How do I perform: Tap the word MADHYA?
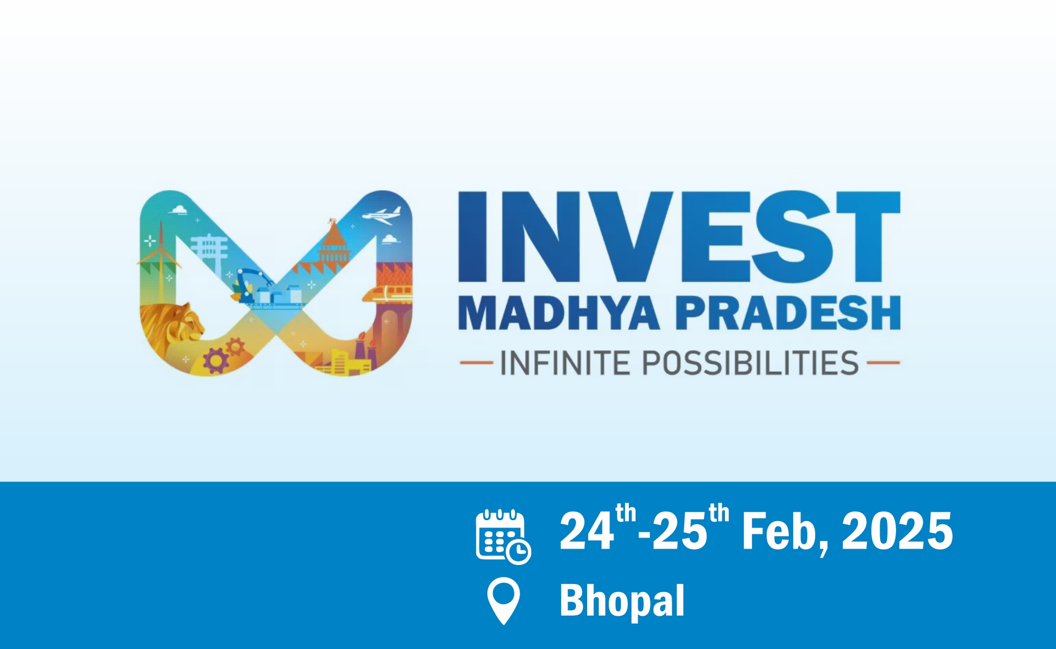(x=559, y=313)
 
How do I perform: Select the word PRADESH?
(x=788, y=313)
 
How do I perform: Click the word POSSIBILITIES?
(x=750, y=363)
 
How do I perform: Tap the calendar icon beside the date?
(x=503, y=537)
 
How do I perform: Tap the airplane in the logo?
(x=381, y=215)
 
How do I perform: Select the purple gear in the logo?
(x=216, y=361)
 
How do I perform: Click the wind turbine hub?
(x=161, y=250)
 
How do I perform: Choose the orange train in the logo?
(x=388, y=294)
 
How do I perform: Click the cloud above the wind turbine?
(x=179, y=210)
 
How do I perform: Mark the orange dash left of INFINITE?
(x=476, y=363)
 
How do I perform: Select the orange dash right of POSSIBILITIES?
(x=883, y=363)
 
